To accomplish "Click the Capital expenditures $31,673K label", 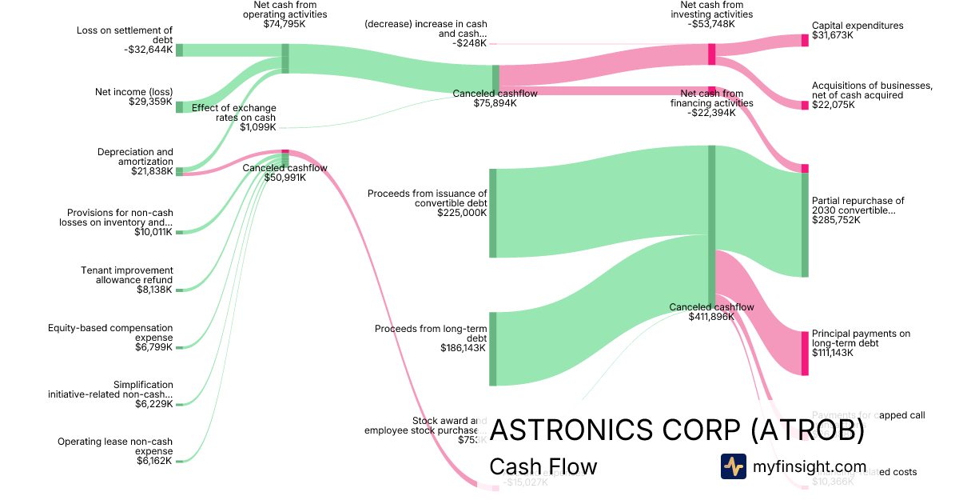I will coord(858,30).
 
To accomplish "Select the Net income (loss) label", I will coord(133,97).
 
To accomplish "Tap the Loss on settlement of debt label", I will coord(125,40).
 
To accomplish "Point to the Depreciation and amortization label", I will coord(135,162).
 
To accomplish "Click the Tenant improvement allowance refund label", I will coord(127,280).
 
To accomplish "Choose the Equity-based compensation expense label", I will coord(110,337).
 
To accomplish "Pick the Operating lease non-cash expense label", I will coord(115,451).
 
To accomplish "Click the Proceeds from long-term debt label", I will coord(431,338).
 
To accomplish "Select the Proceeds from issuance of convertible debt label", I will coord(427,203).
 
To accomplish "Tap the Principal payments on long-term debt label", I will coord(861,343).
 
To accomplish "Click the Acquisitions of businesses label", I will coord(872,95).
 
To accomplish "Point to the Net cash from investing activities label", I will coord(710,14).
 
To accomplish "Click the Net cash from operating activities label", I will coord(285,14).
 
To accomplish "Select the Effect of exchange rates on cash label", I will coord(233,117).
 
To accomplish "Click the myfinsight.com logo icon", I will coord(733,466).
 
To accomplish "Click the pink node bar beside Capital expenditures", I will coord(805,40).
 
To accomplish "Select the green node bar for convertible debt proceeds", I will coord(493,213).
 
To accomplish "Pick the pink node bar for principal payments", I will coord(805,353).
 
